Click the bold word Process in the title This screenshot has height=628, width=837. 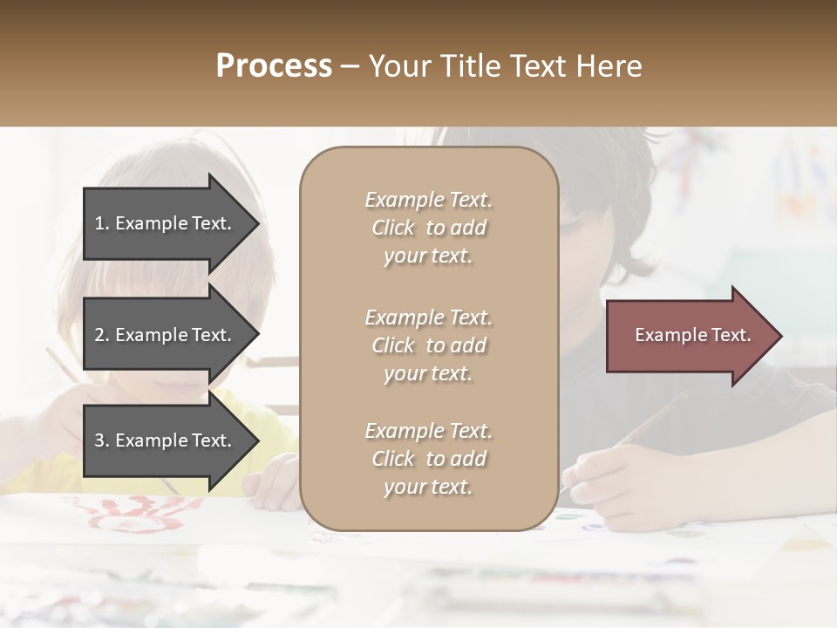[274, 66]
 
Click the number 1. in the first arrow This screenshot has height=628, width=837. [102, 223]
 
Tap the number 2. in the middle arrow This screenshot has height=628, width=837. [102, 335]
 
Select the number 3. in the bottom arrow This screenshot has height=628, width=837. [102, 440]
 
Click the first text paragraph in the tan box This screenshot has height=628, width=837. [428, 228]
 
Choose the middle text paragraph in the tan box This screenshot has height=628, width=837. [428, 345]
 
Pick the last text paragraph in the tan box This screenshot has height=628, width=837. [428, 459]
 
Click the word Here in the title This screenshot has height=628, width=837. [609, 66]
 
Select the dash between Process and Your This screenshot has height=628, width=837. [350, 66]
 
